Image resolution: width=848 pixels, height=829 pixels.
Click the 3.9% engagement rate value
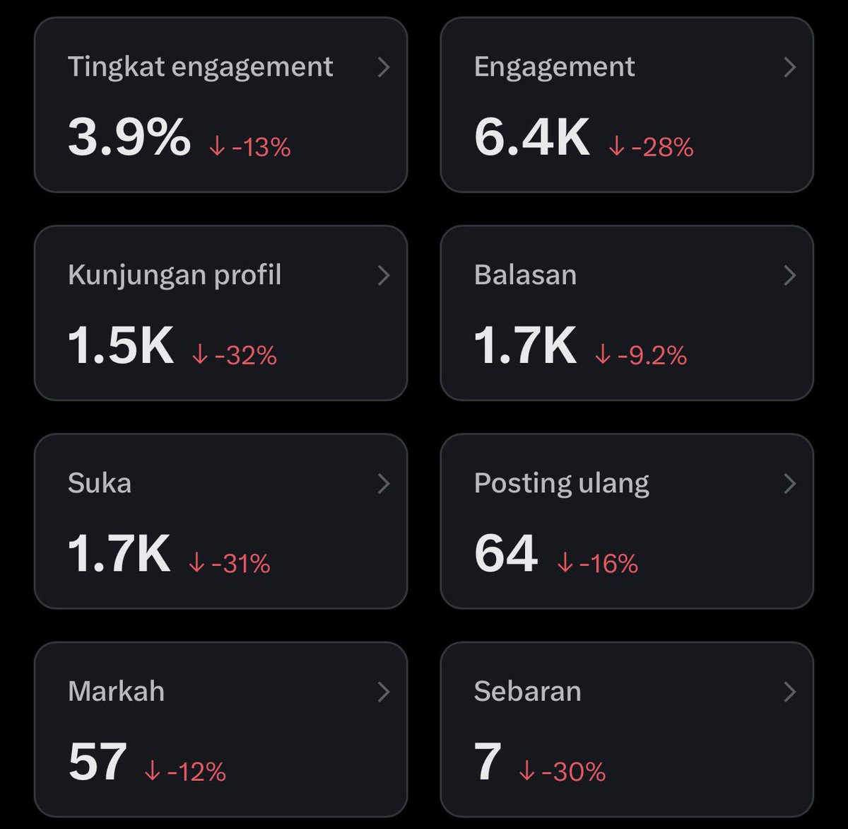(129, 137)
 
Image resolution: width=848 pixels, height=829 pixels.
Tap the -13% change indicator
(250, 147)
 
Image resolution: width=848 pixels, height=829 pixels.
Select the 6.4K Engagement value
(531, 137)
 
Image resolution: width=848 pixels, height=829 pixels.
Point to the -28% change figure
(652, 147)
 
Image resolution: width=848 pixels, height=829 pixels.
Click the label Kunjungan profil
(175, 275)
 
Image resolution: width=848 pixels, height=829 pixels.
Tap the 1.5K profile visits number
(120, 345)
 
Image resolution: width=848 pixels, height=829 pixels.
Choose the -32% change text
(235, 355)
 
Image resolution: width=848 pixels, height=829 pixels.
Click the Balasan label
(525, 275)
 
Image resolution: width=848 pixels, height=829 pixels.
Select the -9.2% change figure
(641, 355)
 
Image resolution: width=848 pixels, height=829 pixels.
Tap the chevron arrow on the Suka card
(384, 484)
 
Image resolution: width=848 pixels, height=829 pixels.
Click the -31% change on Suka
(230, 564)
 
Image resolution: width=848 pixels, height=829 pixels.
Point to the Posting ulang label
(561, 484)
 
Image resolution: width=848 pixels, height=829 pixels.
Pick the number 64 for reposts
(506, 553)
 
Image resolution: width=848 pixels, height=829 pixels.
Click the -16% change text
(598, 564)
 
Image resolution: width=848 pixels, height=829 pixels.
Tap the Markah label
(116, 692)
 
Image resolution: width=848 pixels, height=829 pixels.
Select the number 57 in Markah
(98, 762)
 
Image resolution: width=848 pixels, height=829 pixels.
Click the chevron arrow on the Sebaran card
(790, 692)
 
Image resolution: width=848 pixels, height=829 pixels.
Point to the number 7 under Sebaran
(488, 762)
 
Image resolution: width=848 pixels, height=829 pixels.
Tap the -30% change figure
(563, 772)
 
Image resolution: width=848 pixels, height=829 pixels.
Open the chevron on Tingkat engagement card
(384, 67)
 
